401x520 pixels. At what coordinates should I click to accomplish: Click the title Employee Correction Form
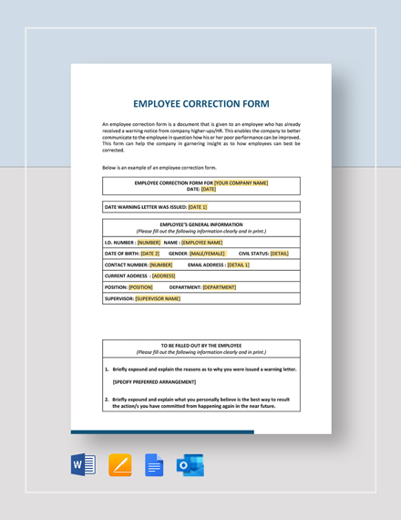200,104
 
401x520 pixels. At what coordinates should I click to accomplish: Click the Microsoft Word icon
83,464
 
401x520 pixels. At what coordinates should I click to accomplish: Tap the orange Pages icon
119,464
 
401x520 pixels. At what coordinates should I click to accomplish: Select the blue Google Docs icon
154,464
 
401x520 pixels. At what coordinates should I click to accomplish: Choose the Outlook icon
190,464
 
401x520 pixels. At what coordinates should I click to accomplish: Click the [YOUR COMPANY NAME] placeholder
241,182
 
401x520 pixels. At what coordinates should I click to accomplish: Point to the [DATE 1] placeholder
198,207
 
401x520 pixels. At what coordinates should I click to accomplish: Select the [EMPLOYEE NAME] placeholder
201,243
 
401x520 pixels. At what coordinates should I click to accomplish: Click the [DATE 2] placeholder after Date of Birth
149,254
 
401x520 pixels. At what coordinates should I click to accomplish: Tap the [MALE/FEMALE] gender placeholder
207,254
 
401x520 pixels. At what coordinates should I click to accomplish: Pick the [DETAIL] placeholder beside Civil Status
279,254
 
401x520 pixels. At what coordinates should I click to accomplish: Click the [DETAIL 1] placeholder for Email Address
238,265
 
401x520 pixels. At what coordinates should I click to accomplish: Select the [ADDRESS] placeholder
163,276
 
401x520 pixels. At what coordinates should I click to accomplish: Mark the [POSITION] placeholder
140,286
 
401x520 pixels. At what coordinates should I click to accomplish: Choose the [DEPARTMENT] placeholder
219,286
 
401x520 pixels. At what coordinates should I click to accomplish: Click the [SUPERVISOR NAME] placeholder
158,298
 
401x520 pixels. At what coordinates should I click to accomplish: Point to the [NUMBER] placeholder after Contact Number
160,265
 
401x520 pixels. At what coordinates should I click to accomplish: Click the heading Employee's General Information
200,224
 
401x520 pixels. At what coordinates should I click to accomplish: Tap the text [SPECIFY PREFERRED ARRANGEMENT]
154,382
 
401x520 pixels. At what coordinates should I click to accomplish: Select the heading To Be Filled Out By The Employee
200,346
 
